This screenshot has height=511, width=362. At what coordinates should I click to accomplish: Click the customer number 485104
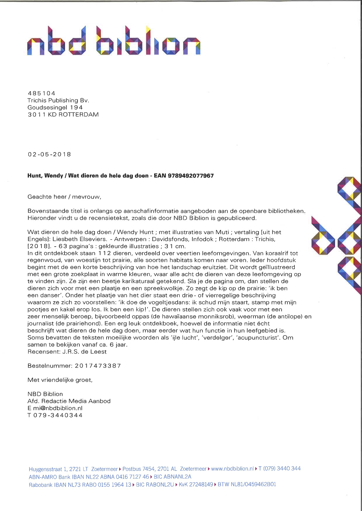41,93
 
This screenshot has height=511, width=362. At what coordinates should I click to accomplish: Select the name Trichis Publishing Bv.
58,100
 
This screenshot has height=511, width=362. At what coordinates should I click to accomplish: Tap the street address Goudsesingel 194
55,107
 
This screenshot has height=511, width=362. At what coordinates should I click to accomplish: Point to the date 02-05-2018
49,154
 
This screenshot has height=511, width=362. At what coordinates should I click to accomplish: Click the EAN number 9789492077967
191,176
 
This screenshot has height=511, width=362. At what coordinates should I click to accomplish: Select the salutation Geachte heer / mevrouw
64,197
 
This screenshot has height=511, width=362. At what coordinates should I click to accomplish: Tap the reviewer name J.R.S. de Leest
84,352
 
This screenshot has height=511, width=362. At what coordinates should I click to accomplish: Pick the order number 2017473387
98,366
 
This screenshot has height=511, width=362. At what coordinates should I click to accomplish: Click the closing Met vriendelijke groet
60,380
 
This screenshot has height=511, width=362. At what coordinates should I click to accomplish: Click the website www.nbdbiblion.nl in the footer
232,469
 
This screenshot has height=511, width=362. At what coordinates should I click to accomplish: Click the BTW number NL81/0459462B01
247,484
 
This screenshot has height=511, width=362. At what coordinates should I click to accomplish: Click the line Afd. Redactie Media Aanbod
69,401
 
